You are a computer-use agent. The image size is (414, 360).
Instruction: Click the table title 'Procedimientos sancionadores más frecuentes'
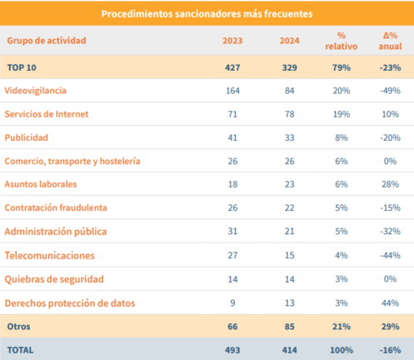[207, 13]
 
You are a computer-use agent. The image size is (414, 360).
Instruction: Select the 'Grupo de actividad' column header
[47, 41]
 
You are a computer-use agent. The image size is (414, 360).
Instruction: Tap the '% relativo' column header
[342, 41]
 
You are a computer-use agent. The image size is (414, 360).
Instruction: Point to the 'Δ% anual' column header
[390, 41]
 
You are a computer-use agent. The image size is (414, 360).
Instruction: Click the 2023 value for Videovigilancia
[232, 91]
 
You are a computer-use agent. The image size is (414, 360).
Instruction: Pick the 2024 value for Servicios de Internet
[289, 114]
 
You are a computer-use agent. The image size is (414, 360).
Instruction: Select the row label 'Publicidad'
[27, 137]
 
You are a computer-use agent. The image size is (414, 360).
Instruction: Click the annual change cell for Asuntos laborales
[390, 184]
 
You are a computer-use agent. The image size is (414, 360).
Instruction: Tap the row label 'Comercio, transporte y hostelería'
[72, 161]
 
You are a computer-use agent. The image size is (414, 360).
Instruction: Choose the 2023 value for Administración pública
[232, 231]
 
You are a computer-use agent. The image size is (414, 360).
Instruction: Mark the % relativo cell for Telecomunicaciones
[342, 255]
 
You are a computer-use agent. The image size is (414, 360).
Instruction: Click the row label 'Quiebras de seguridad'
[54, 279]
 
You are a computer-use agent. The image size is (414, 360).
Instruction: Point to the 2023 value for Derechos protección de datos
[232, 302]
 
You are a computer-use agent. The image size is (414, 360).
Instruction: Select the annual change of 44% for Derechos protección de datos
[390, 302]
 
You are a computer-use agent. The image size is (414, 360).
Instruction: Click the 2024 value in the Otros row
[289, 327]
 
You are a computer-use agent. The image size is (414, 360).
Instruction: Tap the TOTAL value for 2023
[232, 350]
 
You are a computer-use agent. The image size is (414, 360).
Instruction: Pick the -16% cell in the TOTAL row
[390, 350]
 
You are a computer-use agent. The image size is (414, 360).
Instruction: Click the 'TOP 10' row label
[22, 67]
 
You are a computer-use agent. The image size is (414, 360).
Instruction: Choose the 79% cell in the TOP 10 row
[342, 67]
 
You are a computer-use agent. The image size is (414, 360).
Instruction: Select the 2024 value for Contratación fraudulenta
[289, 207]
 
